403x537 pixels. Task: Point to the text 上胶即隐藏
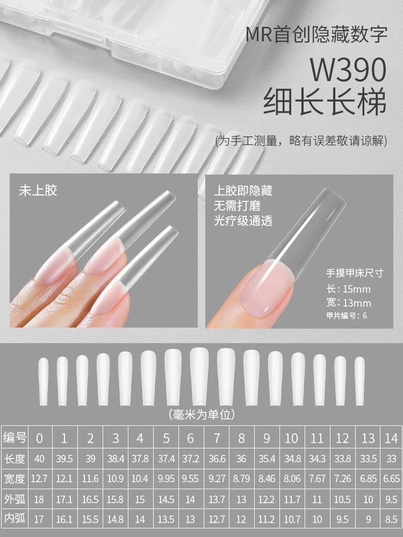coord(243,191)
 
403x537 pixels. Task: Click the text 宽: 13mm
coord(349,303)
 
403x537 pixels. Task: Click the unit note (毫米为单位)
coord(201,415)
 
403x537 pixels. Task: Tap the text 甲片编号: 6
coord(347,315)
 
